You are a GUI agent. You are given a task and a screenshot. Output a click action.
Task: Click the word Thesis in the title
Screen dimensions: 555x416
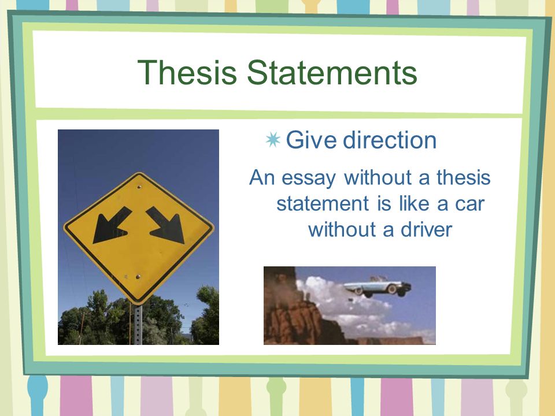coord(187,72)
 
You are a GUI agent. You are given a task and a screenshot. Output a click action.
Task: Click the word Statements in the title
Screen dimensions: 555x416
coord(332,72)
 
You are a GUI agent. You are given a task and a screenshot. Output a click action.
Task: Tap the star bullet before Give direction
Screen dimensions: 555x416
coord(273,140)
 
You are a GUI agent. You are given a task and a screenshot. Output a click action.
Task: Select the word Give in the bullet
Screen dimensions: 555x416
coord(311,140)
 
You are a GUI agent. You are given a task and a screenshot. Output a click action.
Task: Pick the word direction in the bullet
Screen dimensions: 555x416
coord(390,140)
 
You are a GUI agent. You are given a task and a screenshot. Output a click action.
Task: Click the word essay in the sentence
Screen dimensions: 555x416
coord(308,178)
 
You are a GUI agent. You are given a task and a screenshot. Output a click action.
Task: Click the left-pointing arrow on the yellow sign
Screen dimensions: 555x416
coord(112,226)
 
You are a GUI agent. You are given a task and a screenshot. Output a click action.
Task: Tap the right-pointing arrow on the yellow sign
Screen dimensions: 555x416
coord(166,226)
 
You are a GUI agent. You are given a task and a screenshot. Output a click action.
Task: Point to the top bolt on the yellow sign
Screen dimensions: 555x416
coord(139,187)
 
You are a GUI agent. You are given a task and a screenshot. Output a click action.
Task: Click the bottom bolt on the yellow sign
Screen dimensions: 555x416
coord(138,276)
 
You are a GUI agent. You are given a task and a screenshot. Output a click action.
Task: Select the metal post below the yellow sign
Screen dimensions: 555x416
coord(138,324)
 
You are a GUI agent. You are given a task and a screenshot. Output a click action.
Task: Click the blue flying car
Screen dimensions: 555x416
coord(378,287)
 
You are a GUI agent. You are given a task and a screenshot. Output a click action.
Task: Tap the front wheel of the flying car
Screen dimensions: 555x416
coord(392,289)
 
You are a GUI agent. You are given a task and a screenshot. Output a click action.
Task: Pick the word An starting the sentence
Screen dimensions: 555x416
coord(262,177)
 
